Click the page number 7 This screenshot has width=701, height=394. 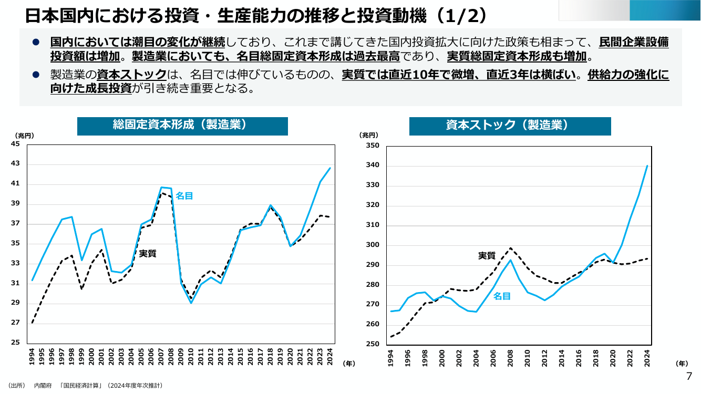tap(689, 376)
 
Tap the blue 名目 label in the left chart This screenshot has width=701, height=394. tap(184, 196)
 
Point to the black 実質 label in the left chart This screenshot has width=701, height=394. tap(147, 254)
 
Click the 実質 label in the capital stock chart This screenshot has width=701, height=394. tap(487, 256)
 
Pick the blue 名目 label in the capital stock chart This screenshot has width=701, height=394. tap(502, 296)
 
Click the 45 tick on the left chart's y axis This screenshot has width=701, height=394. tap(15, 144)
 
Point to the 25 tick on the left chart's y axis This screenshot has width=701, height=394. tap(15, 343)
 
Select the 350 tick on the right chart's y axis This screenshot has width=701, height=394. tap(373, 146)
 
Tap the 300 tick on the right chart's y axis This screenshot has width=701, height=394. tap(373, 245)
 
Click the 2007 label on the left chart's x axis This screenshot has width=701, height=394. tap(161, 357)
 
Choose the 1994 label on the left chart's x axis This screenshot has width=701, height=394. tap(32, 357)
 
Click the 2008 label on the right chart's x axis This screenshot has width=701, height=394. tap(510, 358)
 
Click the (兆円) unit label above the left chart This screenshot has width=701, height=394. tap(24, 136)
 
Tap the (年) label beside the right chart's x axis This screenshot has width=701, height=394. tap(682, 364)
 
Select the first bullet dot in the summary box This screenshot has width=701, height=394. tap(36, 42)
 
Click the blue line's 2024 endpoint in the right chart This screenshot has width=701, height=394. tap(647, 166)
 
